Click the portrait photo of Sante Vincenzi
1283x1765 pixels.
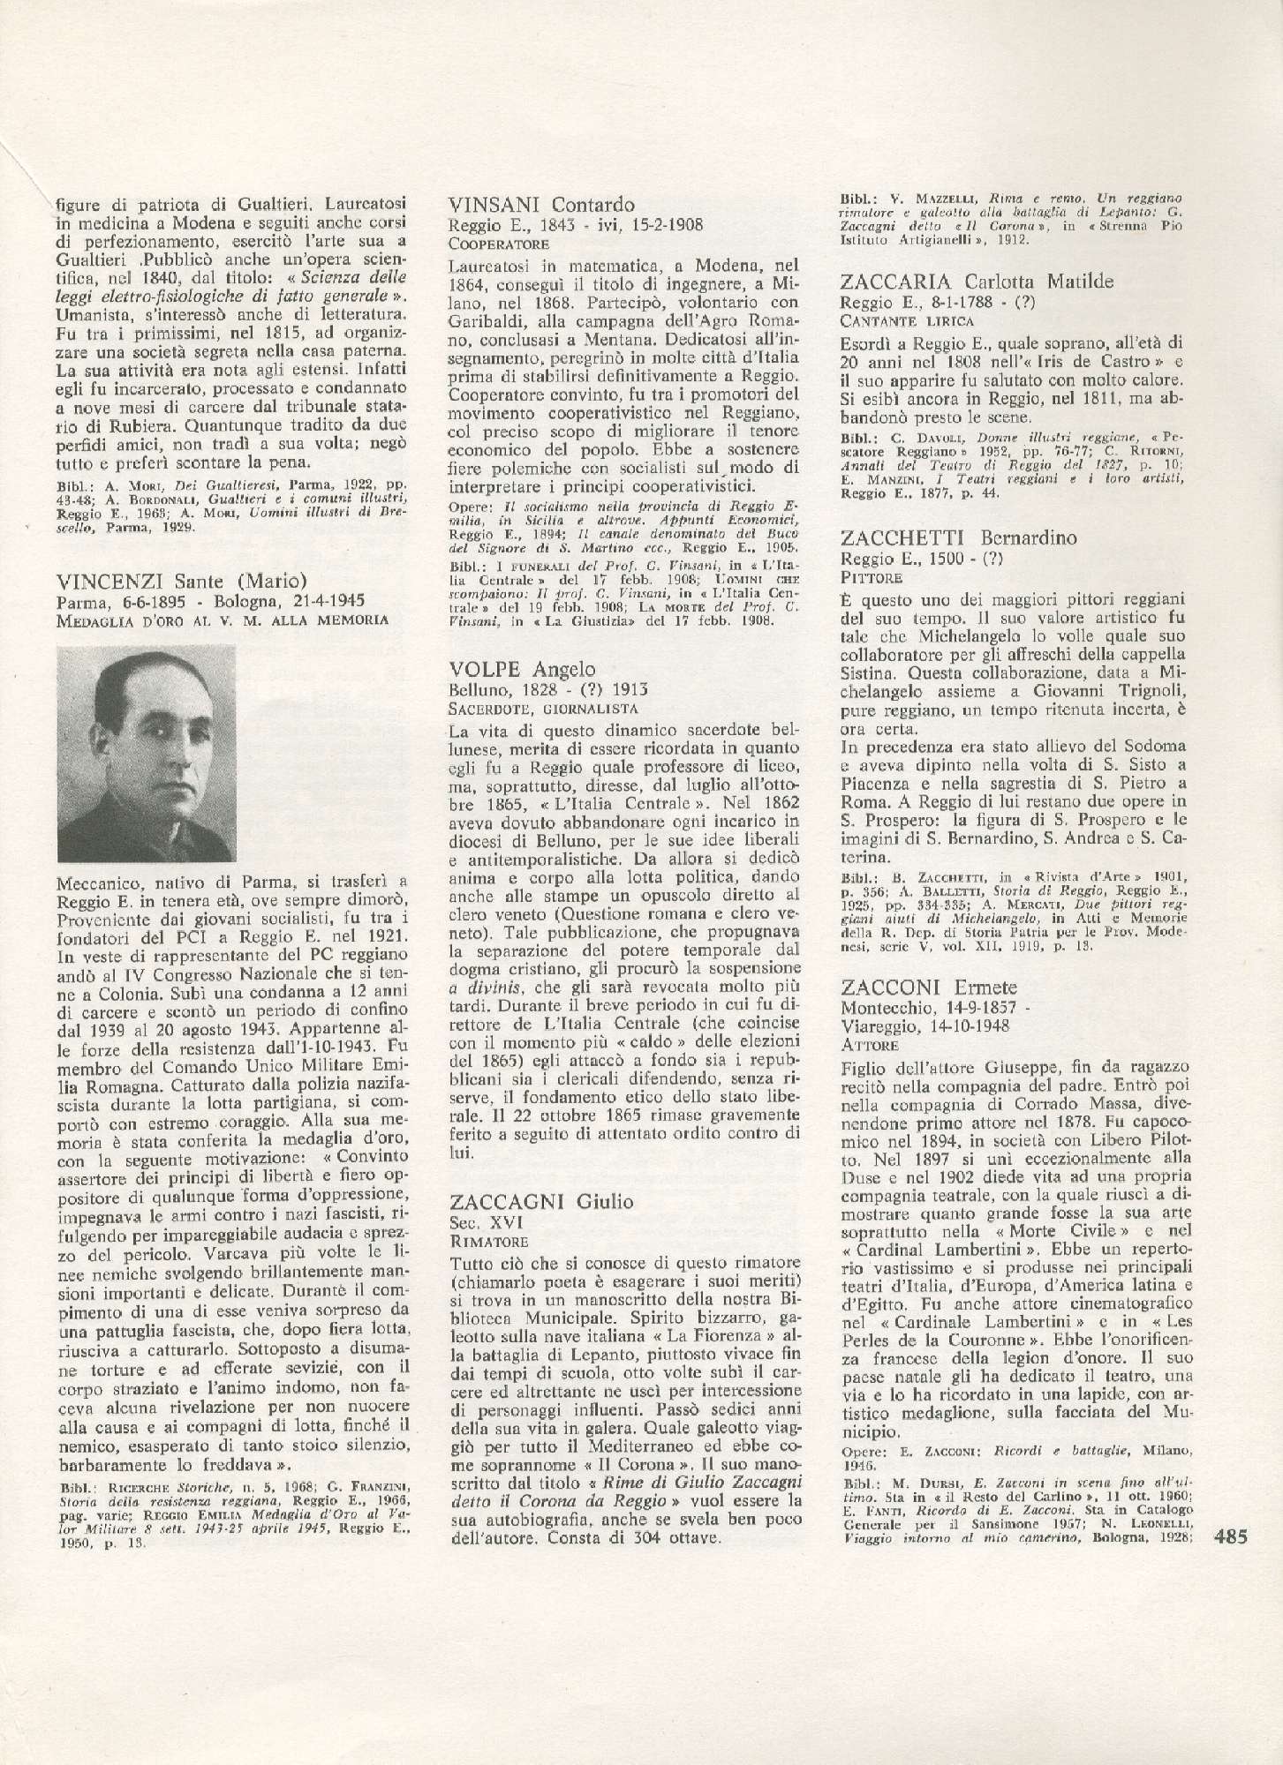click(x=147, y=753)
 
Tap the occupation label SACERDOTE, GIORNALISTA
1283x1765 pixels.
click(x=542, y=708)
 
